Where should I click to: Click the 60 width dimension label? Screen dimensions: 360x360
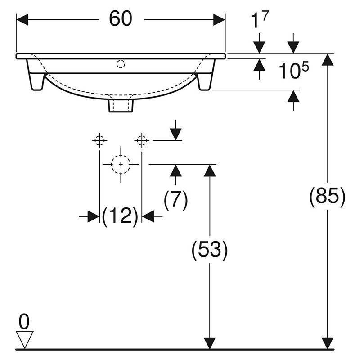point(121,18)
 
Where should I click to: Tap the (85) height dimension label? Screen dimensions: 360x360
point(328,197)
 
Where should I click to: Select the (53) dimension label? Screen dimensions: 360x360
point(210,250)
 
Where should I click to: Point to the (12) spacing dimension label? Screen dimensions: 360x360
point(120,216)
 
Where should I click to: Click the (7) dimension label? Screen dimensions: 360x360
point(175,200)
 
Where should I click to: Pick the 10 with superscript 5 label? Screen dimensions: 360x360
point(294,70)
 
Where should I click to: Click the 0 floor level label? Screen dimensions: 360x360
point(24,321)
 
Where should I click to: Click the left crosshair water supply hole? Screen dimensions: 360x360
point(99,140)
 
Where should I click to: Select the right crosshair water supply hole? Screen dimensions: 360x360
point(142,140)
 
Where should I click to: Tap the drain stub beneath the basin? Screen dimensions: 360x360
point(121,106)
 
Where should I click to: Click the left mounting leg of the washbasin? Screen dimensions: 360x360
point(35,75)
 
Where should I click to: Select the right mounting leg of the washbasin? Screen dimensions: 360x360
point(207,75)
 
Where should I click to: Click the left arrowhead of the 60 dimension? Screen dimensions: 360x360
point(22,20)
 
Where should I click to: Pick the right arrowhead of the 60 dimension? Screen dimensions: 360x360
point(219,20)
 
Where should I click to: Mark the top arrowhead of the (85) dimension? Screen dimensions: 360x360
point(328,60)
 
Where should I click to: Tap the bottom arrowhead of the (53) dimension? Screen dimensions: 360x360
point(210,343)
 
